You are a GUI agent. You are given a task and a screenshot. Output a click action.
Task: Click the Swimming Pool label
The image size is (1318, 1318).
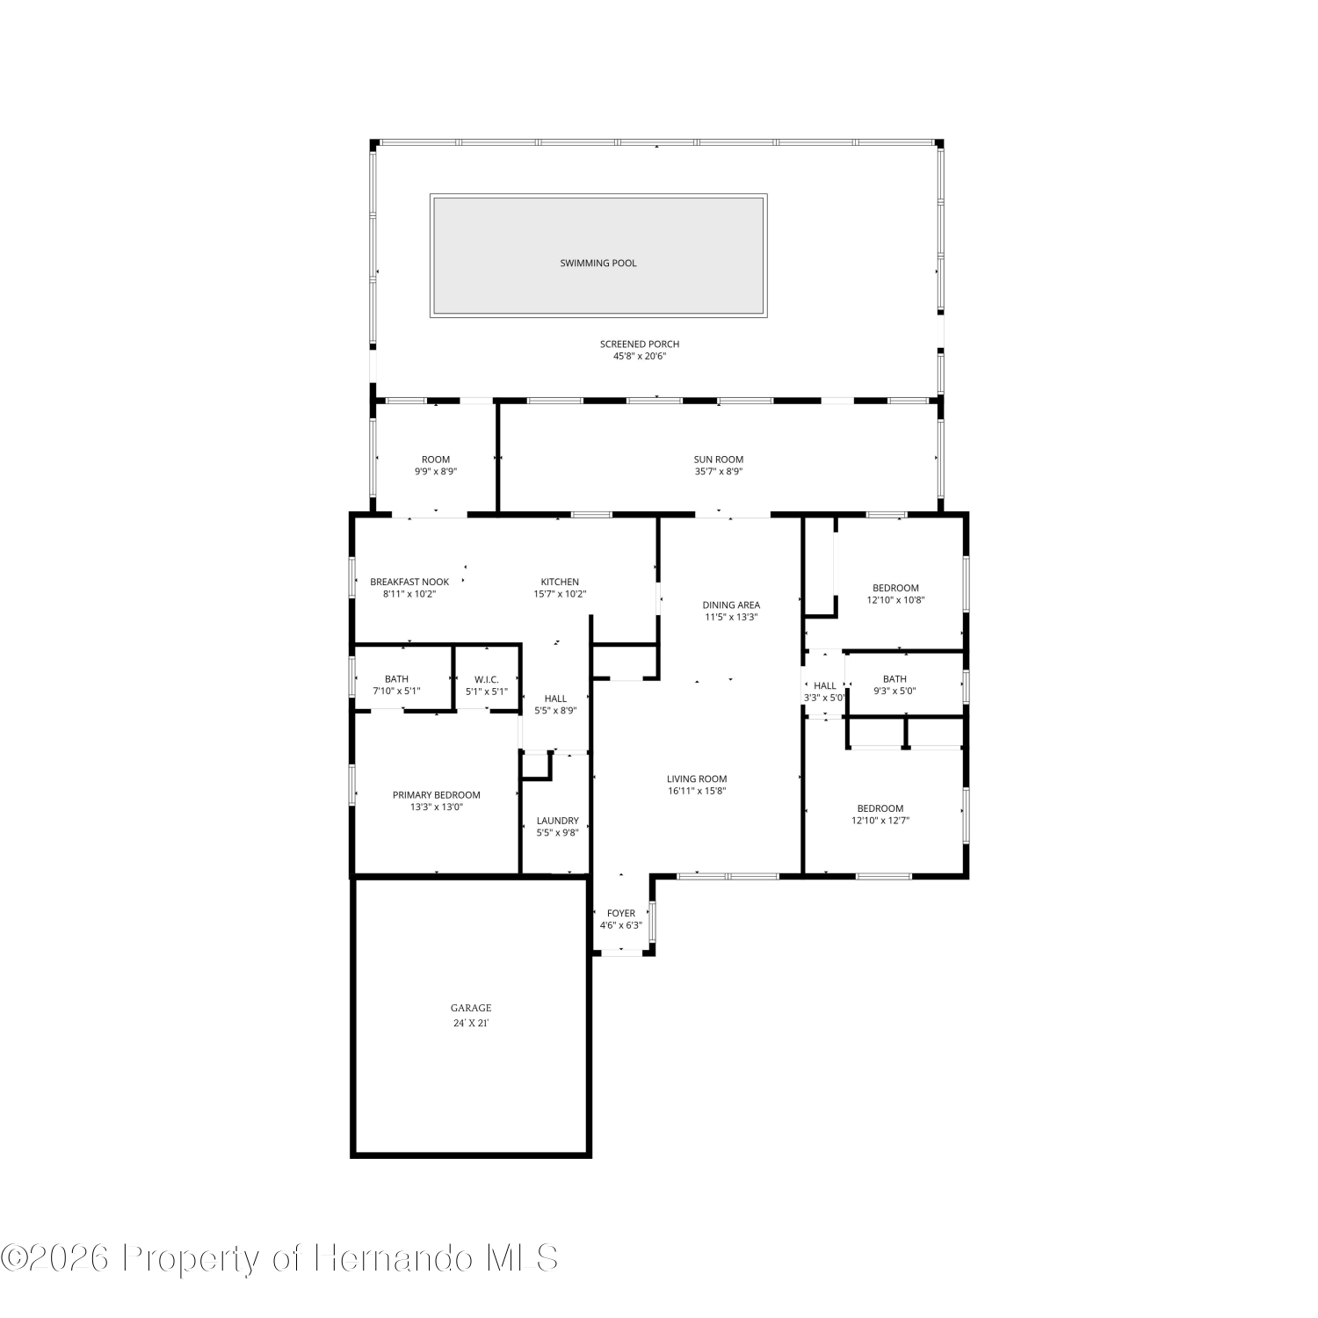click(x=598, y=263)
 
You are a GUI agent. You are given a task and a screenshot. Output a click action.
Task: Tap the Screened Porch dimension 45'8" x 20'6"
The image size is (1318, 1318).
click(x=640, y=356)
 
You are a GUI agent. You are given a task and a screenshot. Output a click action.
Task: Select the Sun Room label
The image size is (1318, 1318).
click(x=719, y=459)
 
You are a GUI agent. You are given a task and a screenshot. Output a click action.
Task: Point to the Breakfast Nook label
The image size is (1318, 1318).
click(x=409, y=582)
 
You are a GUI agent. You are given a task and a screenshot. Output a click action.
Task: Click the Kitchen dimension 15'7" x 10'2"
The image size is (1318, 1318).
click(x=560, y=594)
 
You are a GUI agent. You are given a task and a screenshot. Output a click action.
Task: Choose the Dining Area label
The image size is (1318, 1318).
click(x=731, y=605)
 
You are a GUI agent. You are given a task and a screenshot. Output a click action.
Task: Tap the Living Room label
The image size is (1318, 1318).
click(x=697, y=778)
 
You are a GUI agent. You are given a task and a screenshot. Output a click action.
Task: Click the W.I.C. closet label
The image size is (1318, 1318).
click(x=487, y=679)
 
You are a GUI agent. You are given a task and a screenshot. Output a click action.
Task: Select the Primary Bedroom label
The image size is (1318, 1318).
click(x=437, y=795)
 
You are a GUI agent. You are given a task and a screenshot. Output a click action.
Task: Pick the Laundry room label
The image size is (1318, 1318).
click(x=558, y=821)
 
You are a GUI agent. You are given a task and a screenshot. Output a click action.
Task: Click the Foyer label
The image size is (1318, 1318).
click(x=621, y=913)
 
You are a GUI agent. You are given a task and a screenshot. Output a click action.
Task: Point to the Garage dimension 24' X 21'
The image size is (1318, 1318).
click(x=471, y=1024)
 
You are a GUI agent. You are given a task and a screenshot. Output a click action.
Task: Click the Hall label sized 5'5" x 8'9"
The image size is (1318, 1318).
click(x=555, y=699)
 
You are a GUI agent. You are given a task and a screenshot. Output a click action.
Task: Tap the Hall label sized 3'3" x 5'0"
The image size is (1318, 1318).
click(x=825, y=685)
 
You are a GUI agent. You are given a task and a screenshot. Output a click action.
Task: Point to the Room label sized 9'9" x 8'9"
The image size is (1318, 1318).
click(x=436, y=459)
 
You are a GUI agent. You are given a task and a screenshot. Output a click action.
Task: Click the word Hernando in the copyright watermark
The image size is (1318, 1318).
click(x=395, y=1258)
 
